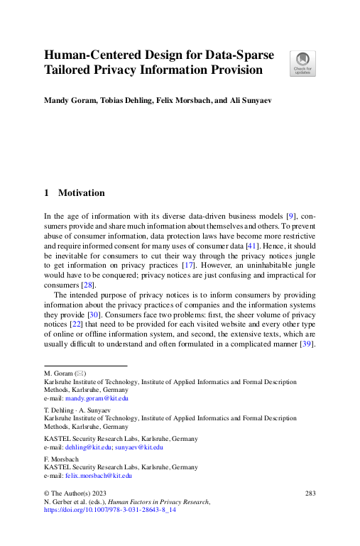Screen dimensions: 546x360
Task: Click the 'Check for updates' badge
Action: pos(302,63)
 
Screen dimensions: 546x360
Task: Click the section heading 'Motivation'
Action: pos(81,192)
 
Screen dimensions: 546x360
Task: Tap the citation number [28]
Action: pos(86,285)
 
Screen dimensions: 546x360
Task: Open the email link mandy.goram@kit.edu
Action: pos(93,399)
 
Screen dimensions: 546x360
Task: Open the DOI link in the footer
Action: pos(109,510)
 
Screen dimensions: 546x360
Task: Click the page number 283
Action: pos(310,493)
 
